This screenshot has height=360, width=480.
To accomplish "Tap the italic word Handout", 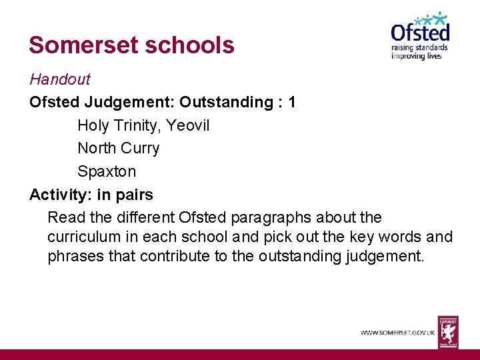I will tap(59, 79).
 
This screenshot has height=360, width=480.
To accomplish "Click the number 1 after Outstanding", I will tap(292, 102).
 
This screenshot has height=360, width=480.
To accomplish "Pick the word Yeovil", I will tap(188, 125).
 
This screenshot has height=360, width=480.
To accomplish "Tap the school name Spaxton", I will tap(107, 171).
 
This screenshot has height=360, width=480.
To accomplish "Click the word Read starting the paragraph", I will tap(64, 217).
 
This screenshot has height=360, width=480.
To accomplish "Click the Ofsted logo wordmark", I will tap(420, 32).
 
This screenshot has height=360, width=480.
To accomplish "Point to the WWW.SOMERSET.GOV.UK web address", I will tap(398, 332).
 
